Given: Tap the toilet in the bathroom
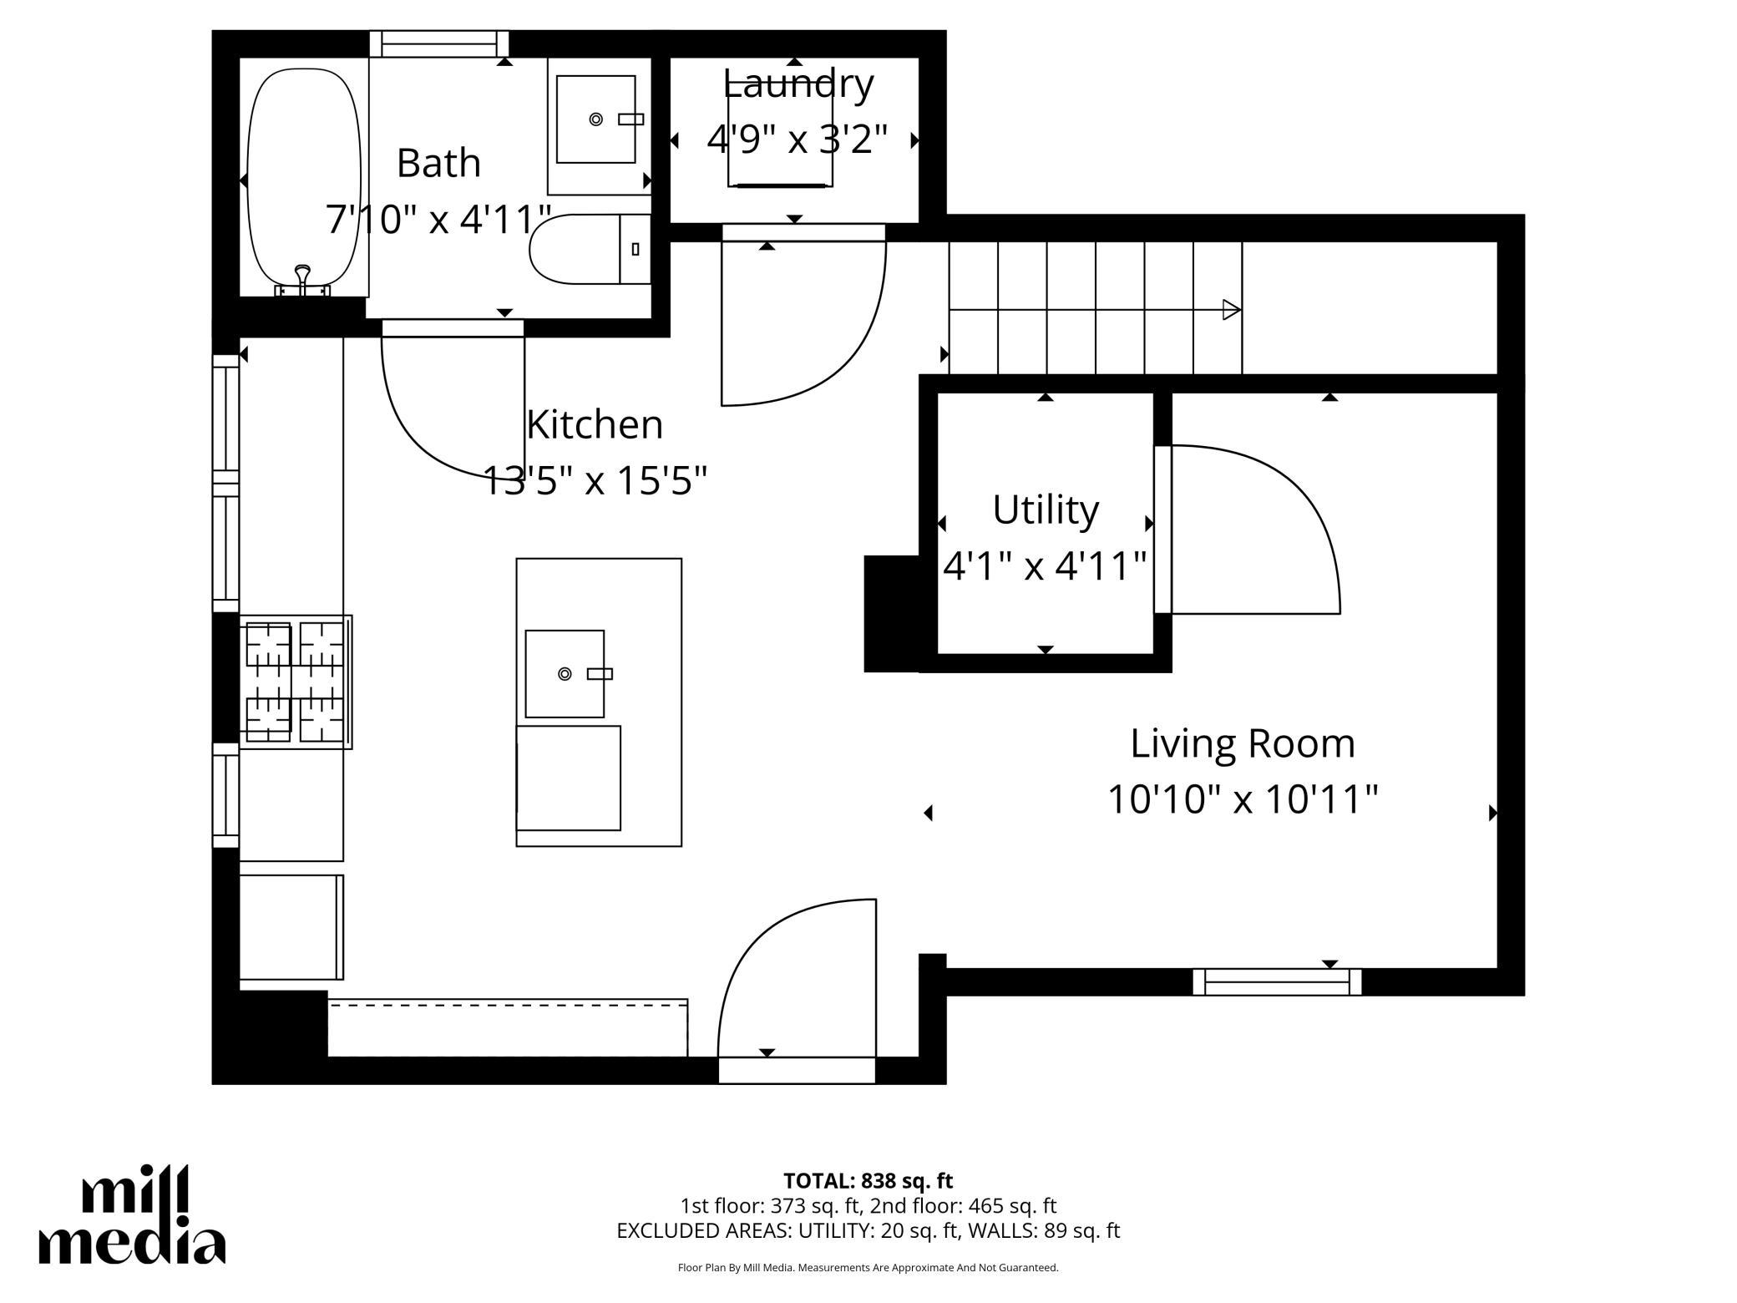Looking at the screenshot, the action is [x=590, y=249].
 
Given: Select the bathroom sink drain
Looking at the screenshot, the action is [x=596, y=119].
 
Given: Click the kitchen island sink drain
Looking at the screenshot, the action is [x=565, y=673].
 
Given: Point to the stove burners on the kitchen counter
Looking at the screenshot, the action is [x=296, y=682].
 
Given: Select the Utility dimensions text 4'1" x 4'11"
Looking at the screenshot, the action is [x=1045, y=565].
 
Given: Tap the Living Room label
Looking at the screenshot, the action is [x=1243, y=743].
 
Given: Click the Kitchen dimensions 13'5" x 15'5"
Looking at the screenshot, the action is [x=595, y=480].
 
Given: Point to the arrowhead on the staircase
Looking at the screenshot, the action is [x=1232, y=310].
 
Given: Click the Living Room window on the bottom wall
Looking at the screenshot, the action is [x=1277, y=982].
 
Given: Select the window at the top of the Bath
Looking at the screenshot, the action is [x=439, y=43].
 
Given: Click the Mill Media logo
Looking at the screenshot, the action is [x=132, y=1214].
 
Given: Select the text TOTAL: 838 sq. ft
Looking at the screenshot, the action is [x=868, y=1181].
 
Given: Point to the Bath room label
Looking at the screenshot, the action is [x=439, y=163].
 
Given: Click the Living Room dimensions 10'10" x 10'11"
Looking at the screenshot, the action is [x=1243, y=799].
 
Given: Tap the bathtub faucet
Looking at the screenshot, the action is [x=303, y=279].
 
